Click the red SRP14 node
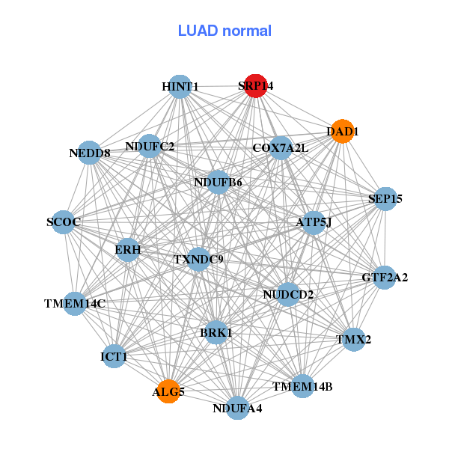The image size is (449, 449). (x=256, y=86)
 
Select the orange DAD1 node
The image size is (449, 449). (x=343, y=131)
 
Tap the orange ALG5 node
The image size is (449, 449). (x=168, y=391)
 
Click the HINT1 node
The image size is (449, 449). (x=180, y=87)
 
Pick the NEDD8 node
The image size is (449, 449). (x=90, y=153)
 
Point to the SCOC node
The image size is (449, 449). (x=64, y=222)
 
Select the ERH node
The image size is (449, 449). (x=128, y=250)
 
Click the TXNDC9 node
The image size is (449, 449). (x=198, y=260)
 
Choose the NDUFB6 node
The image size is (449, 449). (x=219, y=182)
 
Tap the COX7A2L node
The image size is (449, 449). (x=281, y=148)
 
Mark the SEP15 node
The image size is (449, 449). (x=385, y=199)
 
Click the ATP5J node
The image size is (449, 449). (x=314, y=223)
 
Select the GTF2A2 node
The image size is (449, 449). (x=385, y=277)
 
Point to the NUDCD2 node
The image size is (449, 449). (x=288, y=294)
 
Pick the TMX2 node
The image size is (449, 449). (x=354, y=340)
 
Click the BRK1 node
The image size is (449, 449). (x=216, y=333)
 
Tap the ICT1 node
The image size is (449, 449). (x=114, y=356)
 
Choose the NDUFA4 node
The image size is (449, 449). (x=237, y=408)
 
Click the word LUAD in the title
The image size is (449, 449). (x=198, y=31)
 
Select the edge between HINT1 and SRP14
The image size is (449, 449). (x=218, y=86)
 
